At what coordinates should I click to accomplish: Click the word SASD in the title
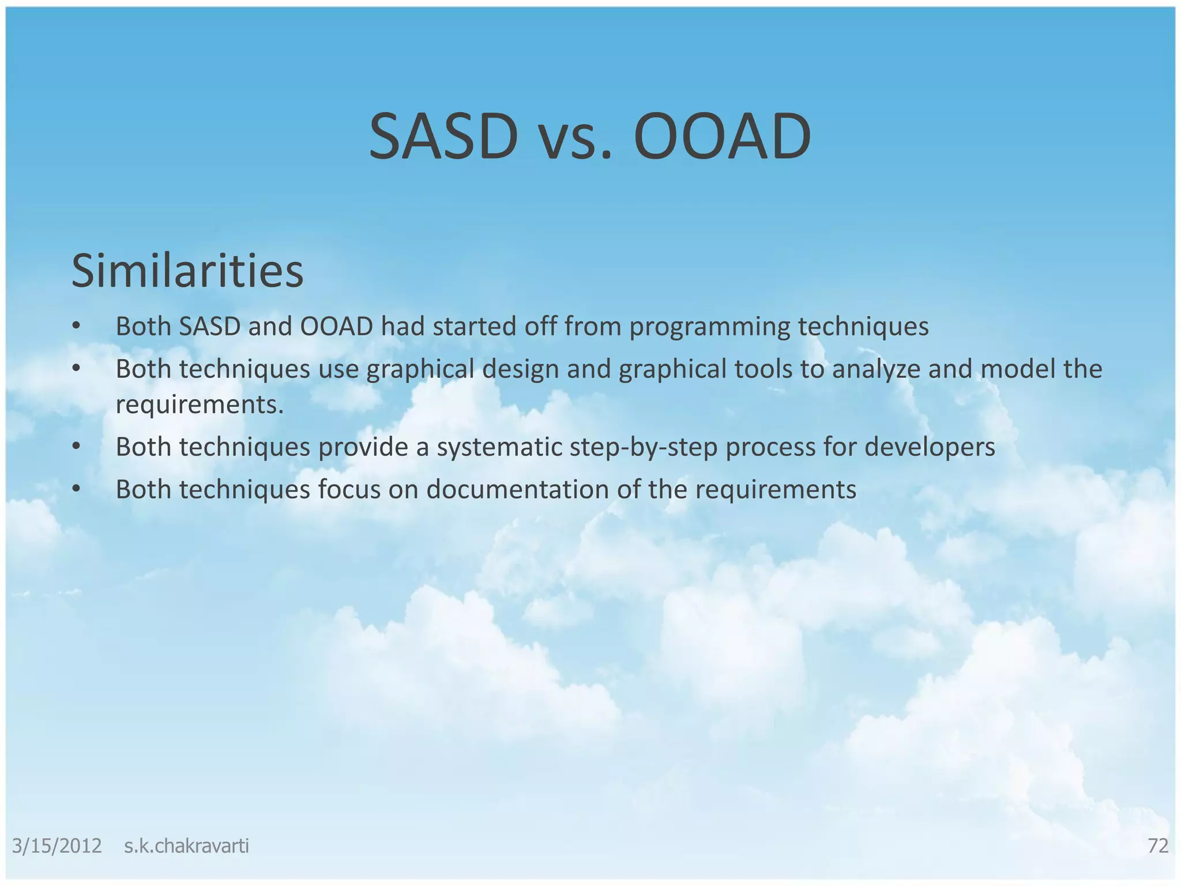tap(443, 137)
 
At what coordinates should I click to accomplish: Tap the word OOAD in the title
tap(722, 137)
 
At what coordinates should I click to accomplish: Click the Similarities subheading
tap(187, 271)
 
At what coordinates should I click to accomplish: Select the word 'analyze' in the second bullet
tap(875, 370)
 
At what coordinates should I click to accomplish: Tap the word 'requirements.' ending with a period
tap(200, 405)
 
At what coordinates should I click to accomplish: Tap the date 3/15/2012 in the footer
tap(57, 846)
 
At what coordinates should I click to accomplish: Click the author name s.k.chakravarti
tap(186, 846)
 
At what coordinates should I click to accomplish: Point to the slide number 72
tap(1157, 846)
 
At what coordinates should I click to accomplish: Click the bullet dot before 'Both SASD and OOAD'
tap(76, 327)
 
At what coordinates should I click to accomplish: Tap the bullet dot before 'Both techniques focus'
tap(76, 490)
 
